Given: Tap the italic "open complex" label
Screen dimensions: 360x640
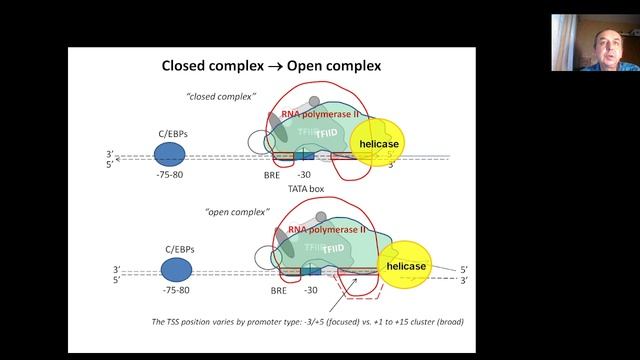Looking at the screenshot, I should pos(219,213).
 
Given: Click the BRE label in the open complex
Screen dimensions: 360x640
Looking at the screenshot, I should pos(279,292).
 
